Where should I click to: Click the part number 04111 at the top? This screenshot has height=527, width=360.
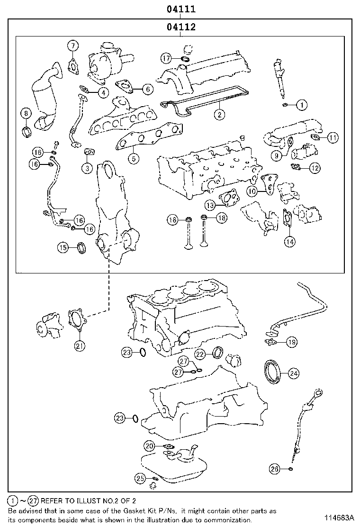(x=180, y=9)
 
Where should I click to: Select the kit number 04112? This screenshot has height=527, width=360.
(x=180, y=27)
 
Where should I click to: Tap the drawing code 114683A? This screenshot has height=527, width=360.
(x=340, y=517)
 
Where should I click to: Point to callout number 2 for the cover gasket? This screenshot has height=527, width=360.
(x=219, y=114)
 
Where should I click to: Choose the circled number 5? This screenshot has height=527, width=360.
(x=135, y=158)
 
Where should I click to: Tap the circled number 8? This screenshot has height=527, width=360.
(x=27, y=113)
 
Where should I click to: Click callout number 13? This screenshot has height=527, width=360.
(x=210, y=205)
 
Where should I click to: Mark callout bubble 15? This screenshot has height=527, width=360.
(x=63, y=247)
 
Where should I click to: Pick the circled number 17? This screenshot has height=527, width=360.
(x=166, y=58)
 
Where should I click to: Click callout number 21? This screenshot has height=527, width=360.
(x=80, y=345)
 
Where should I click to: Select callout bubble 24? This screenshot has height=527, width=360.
(x=294, y=373)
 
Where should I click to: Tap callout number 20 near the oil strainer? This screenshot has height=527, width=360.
(x=150, y=446)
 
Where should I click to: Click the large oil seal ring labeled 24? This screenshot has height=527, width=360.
(x=272, y=372)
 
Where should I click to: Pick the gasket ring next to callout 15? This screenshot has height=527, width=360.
(x=82, y=247)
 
